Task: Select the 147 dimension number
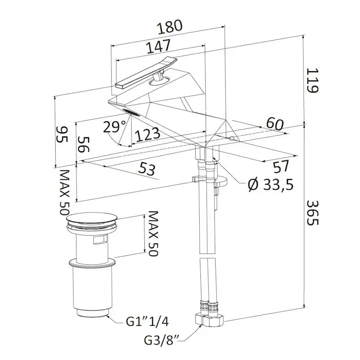pyautogui.click(x=158, y=47)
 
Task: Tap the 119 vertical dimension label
pyautogui.click(x=313, y=80)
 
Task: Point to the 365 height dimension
pyautogui.click(x=313, y=213)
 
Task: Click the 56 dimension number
pyautogui.click(x=83, y=144)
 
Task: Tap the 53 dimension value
pyautogui.click(x=147, y=170)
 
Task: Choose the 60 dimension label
pyautogui.click(x=275, y=124)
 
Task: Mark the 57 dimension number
pyautogui.click(x=281, y=167)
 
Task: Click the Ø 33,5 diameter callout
pyautogui.click(x=271, y=184)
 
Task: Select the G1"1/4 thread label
pyautogui.click(x=147, y=322)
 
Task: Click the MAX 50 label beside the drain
pyautogui.click(x=153, y=234)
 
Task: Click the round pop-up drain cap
pyautogui.click(x=92, y=219)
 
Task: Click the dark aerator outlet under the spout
pyautogui.click(x=131, y=113)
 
